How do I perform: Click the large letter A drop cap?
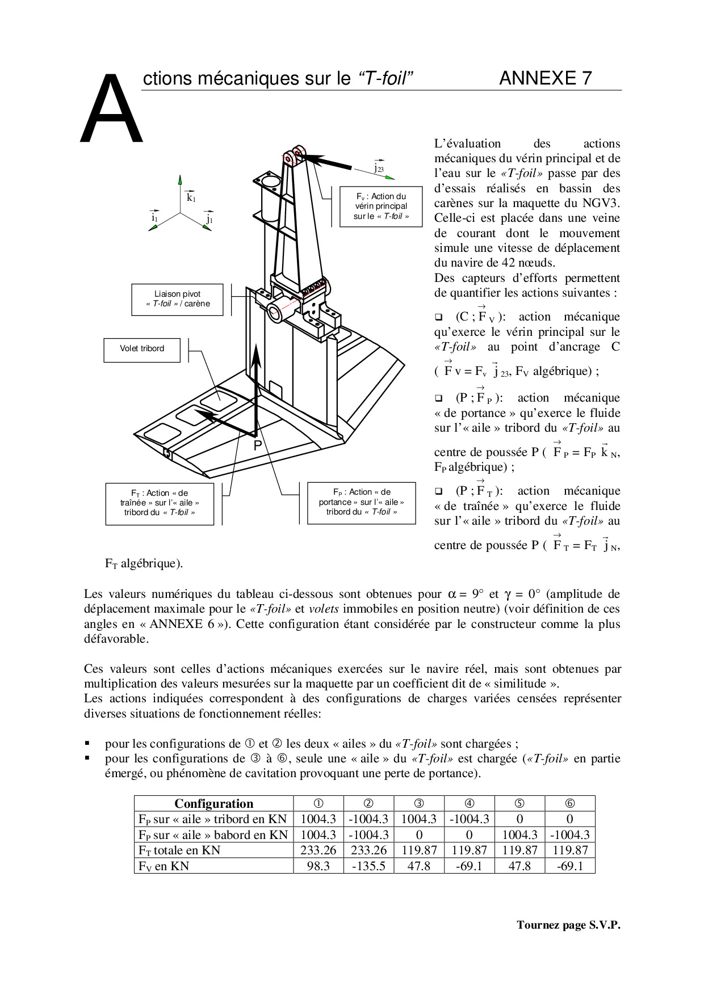[x=111, y=110]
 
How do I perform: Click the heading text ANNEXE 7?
[x=545, y=78]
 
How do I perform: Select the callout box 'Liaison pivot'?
[x=177, y=299]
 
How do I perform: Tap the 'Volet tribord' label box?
[x=142, y=349]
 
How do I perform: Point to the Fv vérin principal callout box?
[x=381, y=206]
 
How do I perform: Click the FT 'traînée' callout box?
[x=160, y=503]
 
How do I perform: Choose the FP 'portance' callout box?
[x=361, y=502]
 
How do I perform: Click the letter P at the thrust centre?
[x=258, y=446]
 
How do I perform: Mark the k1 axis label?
[x=191, y=197]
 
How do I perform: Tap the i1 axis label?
[x=154, y=217]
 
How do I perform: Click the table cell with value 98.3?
[x=318, y=866]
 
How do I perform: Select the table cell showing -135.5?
[x=368, y=866]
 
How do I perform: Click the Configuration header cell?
[x=213, y=803]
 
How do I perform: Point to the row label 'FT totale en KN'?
[x=179, y=850]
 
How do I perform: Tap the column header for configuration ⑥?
[x=569, y=803]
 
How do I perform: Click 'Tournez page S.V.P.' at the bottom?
[x=568, y=925]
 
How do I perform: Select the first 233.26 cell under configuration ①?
[x=318, y=850]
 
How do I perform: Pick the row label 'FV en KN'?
[x=164, y=866]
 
